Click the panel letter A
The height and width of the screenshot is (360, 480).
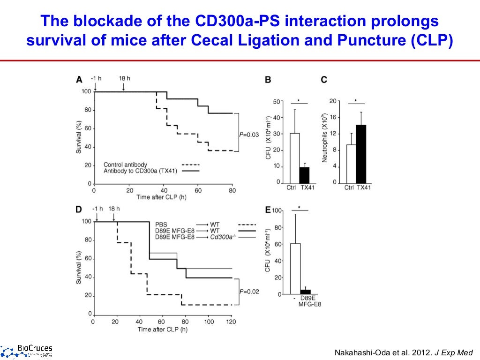coord(79,80)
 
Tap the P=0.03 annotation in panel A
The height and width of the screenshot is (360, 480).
coord(249,135)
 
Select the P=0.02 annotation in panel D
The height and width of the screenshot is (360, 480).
coord(249,292)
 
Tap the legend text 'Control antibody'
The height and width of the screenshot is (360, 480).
coord(125,165)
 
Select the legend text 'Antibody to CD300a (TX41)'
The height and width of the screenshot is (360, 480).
coord(141,171)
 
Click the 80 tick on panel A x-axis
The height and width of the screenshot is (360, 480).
coord(232,190)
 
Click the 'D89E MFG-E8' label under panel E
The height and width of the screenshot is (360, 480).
coord(309,301)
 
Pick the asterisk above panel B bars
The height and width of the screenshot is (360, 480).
coord(299,100)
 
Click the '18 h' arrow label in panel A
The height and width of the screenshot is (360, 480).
coord(124,78)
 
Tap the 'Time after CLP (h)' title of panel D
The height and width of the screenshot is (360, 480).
coord(163,330)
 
